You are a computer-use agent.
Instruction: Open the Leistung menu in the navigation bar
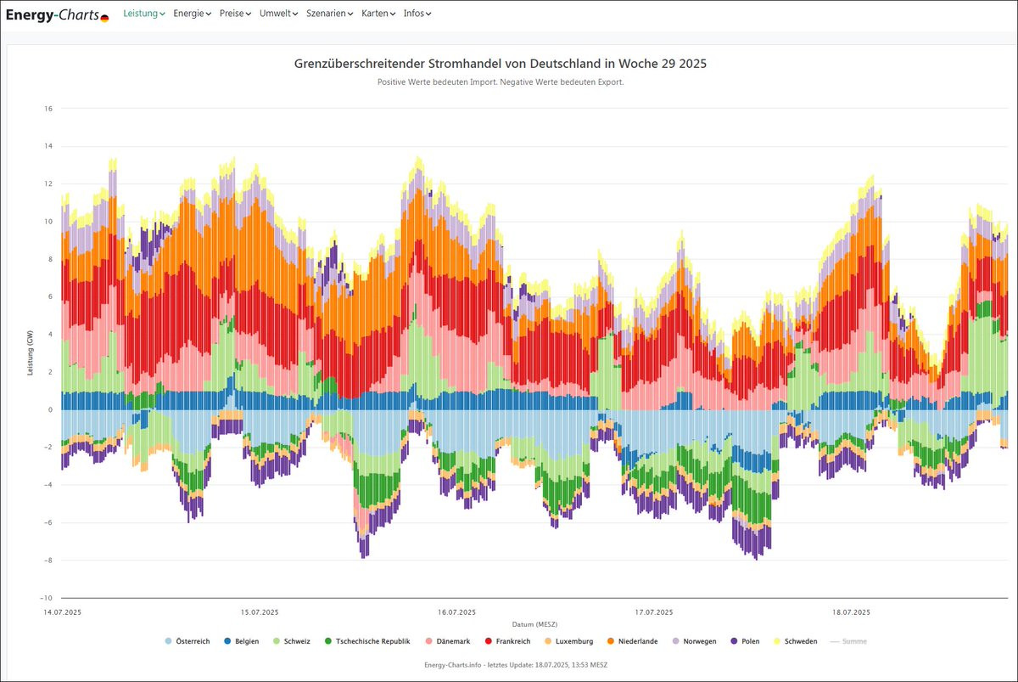tap(144, 14)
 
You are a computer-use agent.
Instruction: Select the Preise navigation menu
tap(235, 14)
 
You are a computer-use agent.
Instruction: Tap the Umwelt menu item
tap(278, 14)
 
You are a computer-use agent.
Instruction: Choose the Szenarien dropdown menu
tap(329, 14)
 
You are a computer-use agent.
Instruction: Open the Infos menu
tap(417, 14)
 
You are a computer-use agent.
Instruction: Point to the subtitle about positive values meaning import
tap(501, 82)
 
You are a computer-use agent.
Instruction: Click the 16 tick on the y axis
tap(48, 109)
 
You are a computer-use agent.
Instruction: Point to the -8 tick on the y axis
tap(48, 561)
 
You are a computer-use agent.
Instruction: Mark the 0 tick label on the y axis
tap(50, 409)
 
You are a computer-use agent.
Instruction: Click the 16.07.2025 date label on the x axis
tap(456, 612)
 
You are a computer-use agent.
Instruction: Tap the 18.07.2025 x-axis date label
tap(851, 612)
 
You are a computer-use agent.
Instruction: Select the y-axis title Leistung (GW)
tap(31, 352)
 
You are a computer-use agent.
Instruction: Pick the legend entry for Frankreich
tap(506, 641)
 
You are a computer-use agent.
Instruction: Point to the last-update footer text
tap(516, 664)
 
